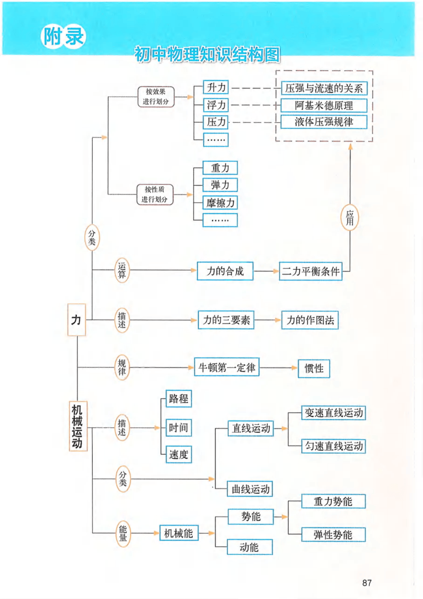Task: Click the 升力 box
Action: pos(216,87)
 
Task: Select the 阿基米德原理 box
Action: pos(323,105)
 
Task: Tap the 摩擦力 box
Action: pos(220,203)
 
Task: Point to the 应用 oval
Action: pos(350,218)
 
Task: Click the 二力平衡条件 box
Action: pos(311,271)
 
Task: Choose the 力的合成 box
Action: pos(225,271)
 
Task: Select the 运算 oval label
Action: pos(122,271)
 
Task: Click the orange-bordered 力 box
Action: pos(76,320)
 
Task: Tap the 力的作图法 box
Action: pos(310,320)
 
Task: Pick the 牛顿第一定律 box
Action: pos(227,367)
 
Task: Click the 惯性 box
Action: pos(314,368)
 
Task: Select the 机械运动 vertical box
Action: pos(78,426)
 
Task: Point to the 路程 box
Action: pos(179,399)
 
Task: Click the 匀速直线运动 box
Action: pos(333,446)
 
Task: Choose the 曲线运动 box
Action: pos(250,489)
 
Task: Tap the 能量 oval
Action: pos(123,533)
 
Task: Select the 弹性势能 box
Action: pos(333,535)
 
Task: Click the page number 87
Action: pos(367,583)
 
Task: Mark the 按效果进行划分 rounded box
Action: pos(156,97)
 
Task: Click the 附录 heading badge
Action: pos(64,36)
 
